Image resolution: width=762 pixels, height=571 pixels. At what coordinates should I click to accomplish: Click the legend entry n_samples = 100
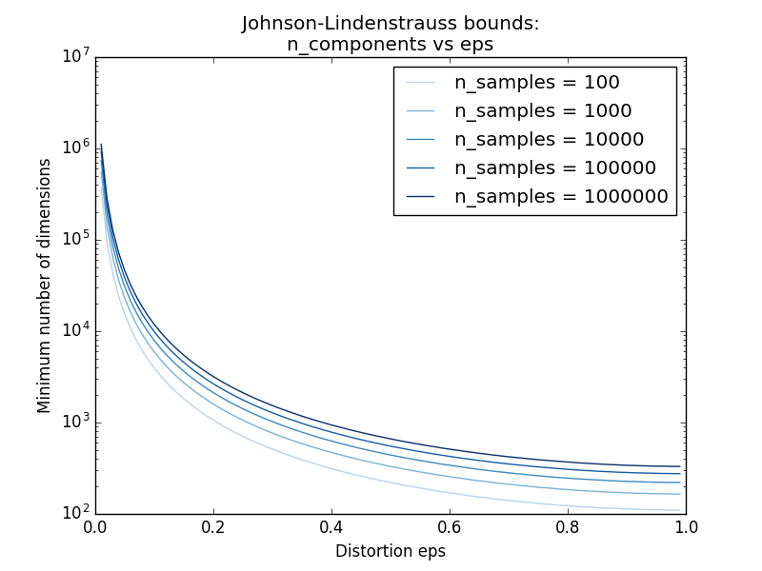[536, 83]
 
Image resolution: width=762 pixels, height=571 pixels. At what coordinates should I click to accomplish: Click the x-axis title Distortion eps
[391, 551]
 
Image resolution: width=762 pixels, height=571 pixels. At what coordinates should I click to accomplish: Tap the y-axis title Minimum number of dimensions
[45, 285]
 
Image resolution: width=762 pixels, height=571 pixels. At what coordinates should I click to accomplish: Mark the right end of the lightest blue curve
[679, 510]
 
